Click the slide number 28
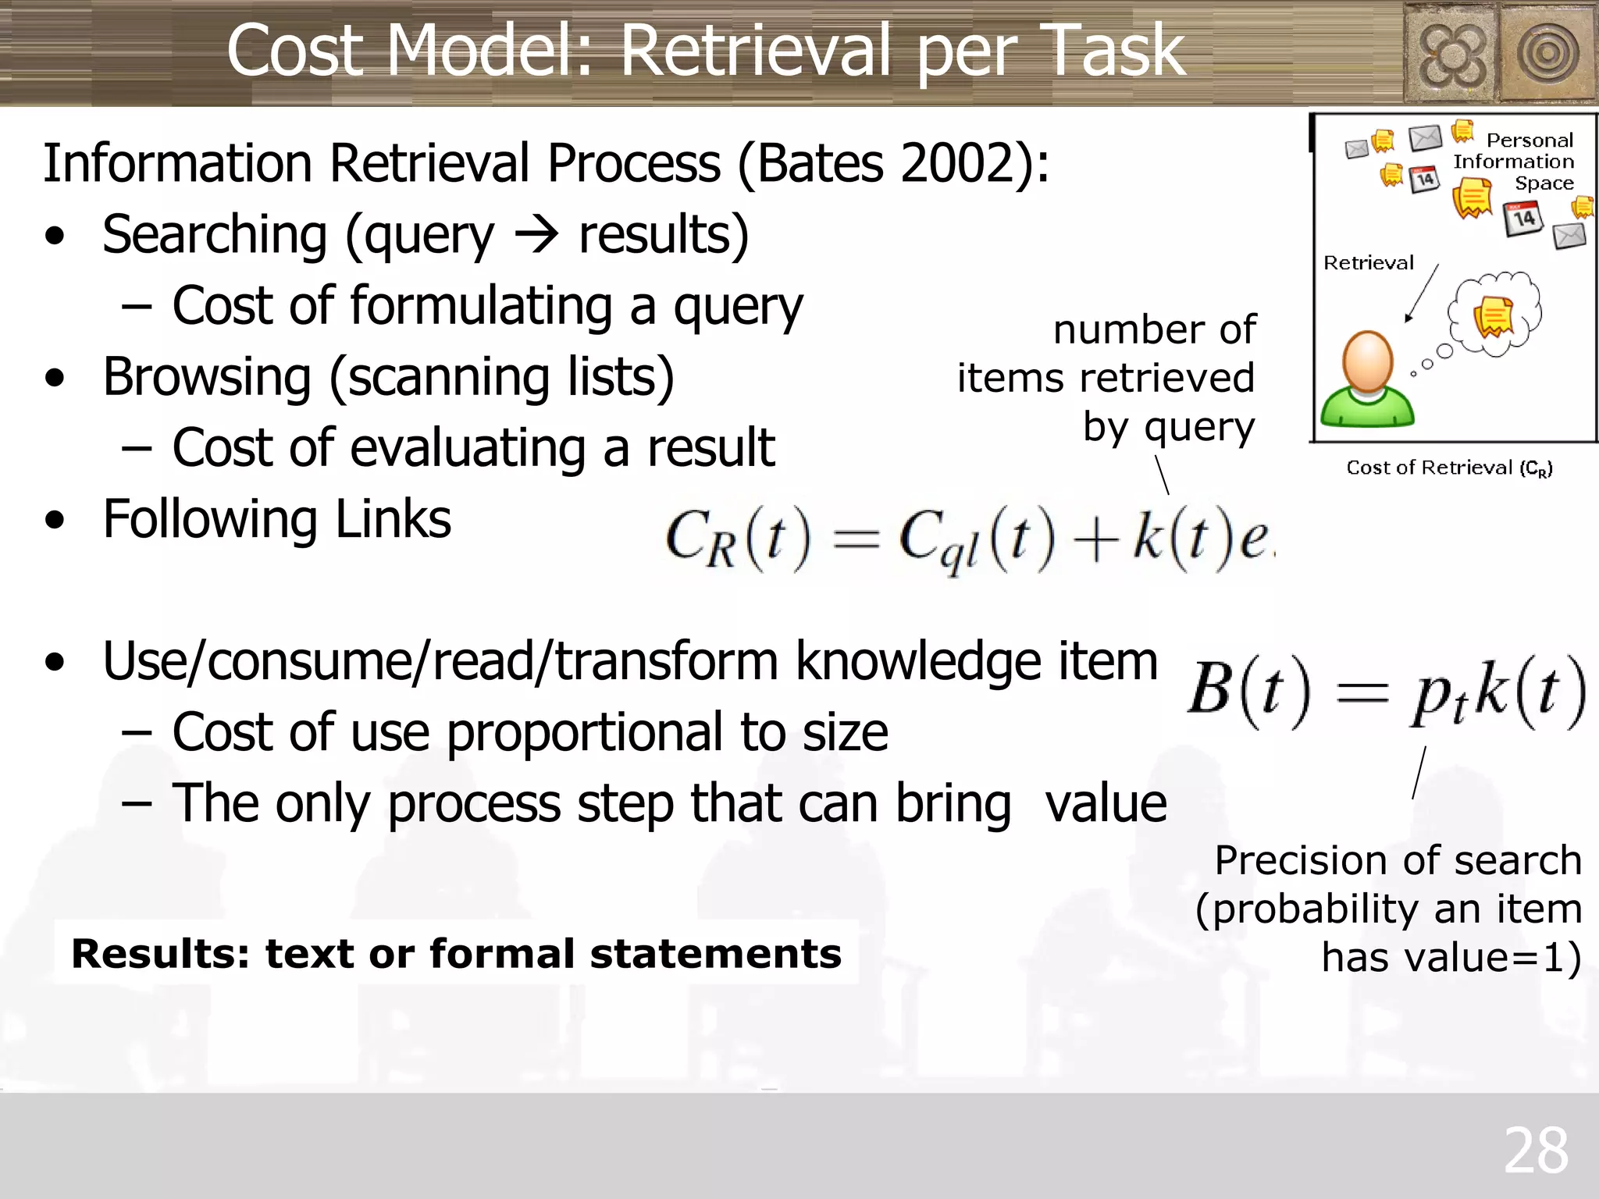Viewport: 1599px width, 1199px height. [1536, 1150]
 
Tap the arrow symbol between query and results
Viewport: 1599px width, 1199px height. [536, 234]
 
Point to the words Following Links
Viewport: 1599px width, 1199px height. [277, 519]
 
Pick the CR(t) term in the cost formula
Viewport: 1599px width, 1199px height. [738, 539]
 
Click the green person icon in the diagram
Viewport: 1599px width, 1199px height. [1367, 380]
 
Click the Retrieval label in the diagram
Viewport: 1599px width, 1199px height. [1368, 263]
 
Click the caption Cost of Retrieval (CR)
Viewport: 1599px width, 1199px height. [1449, 468]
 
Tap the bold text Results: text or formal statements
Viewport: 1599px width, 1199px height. [456, 953]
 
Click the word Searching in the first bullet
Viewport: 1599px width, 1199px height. [215, 234]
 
